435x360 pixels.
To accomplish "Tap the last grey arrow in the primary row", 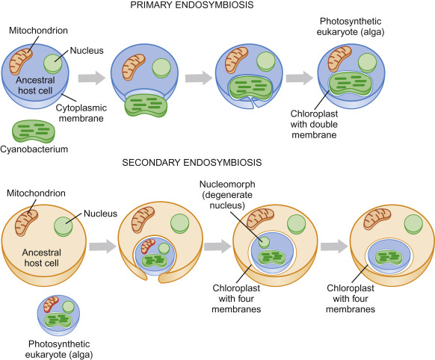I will pos(297,77).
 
